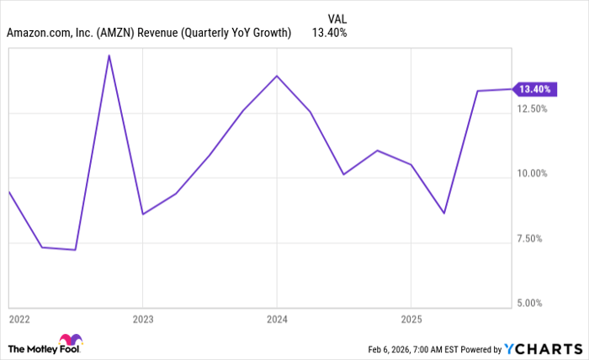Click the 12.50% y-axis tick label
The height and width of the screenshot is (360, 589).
(533, 109)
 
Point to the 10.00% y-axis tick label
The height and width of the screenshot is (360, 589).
(533, 174)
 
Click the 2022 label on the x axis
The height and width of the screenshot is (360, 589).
(19, 319)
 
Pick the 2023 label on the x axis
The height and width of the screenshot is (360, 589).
(143, 319)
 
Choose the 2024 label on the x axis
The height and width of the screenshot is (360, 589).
(277, 319)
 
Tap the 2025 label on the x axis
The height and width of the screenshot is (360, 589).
(410, 319)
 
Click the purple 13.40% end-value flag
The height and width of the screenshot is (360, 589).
(533, 88)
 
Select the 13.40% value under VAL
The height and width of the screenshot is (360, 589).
(329, 33)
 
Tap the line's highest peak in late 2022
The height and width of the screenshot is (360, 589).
(109, 56)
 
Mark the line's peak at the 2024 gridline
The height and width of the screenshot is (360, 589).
(277, 76)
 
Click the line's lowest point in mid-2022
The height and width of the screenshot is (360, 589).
(75, 250)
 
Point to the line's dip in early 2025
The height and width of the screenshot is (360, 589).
(443, 214)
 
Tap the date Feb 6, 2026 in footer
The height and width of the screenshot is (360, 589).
(391, 349)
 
